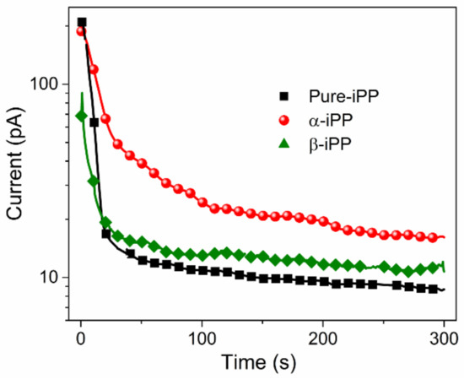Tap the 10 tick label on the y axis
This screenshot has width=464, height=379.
click(x=51, y=278)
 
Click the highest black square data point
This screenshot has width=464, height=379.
click(x=82, y=23)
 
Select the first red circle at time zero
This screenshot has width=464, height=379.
click(x=82, y=32)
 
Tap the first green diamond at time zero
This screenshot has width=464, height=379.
click(x=82, y=116)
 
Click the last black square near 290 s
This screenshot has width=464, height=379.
click(x=433, y=289)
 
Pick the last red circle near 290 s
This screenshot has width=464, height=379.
click(x=433, y=237)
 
